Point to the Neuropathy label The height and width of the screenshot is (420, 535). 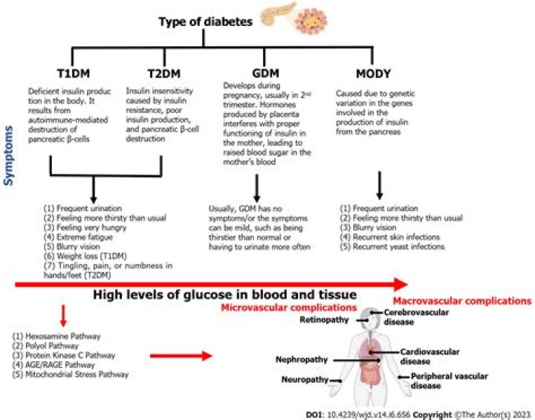pyautogui.click(x=305, y=380)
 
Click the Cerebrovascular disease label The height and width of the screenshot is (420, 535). pyautogui.click(x=411, y=318)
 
